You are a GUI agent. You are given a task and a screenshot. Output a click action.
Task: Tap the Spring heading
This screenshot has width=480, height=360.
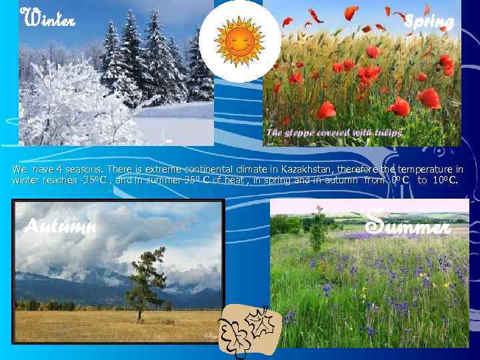429,21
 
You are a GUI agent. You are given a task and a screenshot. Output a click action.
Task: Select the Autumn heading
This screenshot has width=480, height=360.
60,227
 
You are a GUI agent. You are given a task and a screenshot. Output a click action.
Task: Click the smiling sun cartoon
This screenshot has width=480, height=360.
239,41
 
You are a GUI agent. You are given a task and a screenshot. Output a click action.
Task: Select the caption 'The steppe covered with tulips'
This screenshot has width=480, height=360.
333,133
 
